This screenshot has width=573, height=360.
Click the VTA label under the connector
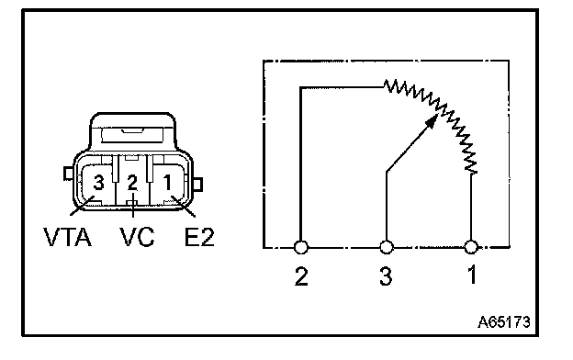pyautogui.click(x=68, y=237)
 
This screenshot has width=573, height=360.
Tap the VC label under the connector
pyautogui.click(x=137, y=237)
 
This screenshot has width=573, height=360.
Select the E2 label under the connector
pyautogui.click(x=199, y=237)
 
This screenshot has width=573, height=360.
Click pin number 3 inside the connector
pyautogui.click(x=98, y=183)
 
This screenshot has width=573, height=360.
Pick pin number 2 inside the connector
pyautogui.click(x=132, y=183)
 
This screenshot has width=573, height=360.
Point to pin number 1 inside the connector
pyautogui.click(x=167, y=183)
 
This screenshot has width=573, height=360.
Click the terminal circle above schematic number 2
pyautogui.click(x=301, y=247)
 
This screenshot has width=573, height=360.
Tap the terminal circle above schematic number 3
pyautogui.click(x=387, y=247)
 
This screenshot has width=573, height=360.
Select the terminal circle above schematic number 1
pyautogui.click(x=471, y=247)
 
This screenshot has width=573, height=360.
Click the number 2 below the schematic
pyautogui.click(x=301, y=276)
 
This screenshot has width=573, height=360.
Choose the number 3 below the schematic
pyautogui.click(x=386, y=276)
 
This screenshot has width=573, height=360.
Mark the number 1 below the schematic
pyautogui.click(x=472, y=275)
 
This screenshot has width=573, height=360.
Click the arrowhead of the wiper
pyautogui.click(x=433, y=121)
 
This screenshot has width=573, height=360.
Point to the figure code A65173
pyautogui.click(x=504, y=322)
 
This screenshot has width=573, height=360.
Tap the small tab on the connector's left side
pyautogui.click(x=68, y=174)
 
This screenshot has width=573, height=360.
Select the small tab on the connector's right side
pyautogui.click(x=197, y=185)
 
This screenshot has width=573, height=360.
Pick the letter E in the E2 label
pyautogui.click(x=192, y=237)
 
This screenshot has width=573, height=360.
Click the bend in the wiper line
pyautogui.click(x=387, y=171)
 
